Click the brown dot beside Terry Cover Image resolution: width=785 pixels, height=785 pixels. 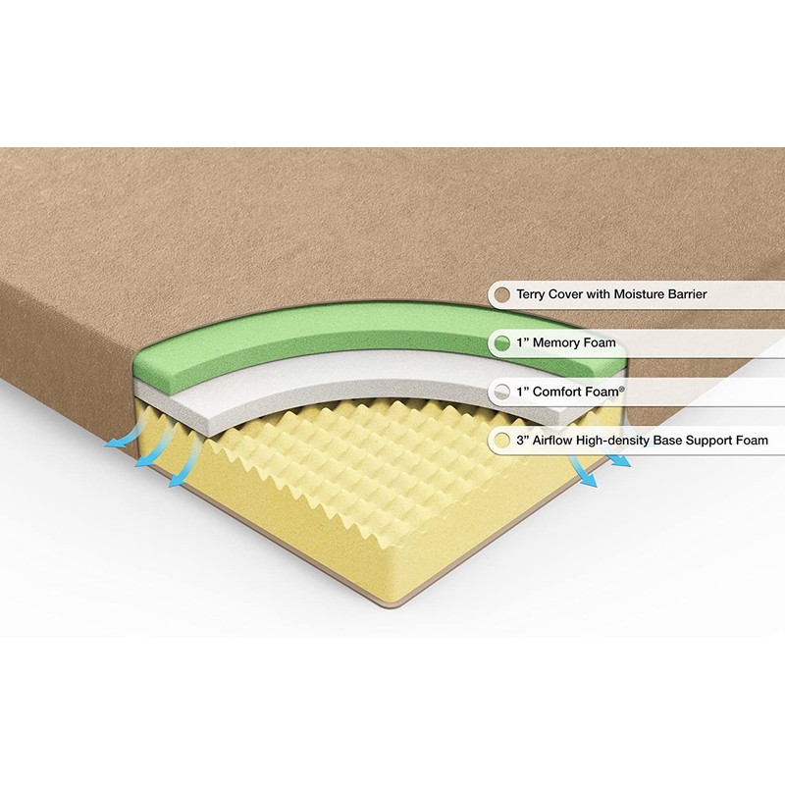coord(502,294)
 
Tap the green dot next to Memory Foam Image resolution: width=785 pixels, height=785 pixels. coord(502,343)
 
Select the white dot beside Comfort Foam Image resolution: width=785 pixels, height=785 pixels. coord(502,392)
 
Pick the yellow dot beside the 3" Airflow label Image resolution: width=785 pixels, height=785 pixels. coord(502,441)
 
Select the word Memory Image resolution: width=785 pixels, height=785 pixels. coord(556,343)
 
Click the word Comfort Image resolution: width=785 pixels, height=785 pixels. coord(558,392)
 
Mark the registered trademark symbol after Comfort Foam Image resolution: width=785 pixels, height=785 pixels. coord(622,388)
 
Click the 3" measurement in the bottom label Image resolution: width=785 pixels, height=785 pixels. coord(522,441)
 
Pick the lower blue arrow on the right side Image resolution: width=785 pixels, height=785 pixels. coord(588,478)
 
